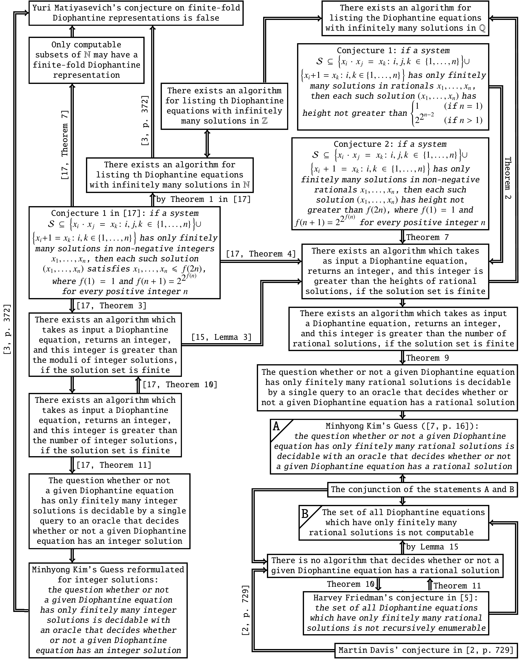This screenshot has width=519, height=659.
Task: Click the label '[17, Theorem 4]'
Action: click(x=261, y=254)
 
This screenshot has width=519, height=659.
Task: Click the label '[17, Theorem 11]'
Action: click(x=114, y=465)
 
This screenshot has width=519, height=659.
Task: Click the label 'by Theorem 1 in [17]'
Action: click(x=203, y=199)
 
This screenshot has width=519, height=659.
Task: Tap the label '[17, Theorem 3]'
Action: click(x=111, y=306)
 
